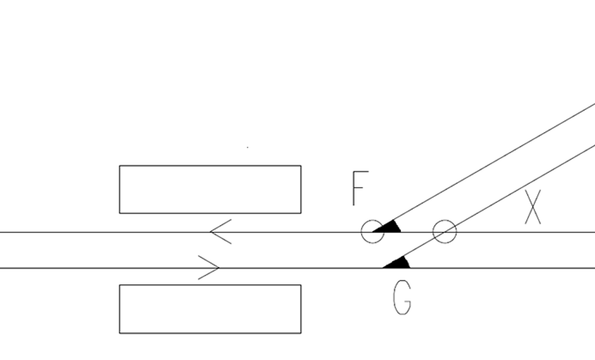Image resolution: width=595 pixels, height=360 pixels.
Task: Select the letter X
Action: click(x=533, y=207)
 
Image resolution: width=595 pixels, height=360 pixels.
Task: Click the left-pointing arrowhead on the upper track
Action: click(x=221, y=231)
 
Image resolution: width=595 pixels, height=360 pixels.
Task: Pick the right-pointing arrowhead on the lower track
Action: click(x=209, y=267)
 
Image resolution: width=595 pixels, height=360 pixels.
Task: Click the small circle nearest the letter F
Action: click(x=361, y=231)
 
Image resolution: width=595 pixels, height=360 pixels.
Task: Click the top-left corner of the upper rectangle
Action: click(x=119, y=165)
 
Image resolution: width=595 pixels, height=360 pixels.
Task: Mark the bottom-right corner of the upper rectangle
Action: click(x=301, y=213)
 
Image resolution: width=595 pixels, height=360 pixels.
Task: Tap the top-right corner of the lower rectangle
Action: click(x=301, y=285)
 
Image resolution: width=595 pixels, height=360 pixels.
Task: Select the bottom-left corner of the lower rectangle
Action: click(x=119, y=333)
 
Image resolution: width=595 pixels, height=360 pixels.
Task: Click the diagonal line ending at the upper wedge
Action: click(x=494, y=162)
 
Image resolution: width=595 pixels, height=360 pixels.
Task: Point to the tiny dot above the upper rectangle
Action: click(x=248, y=147)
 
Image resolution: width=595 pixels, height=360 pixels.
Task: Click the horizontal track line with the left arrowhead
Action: click(x=297, y=232)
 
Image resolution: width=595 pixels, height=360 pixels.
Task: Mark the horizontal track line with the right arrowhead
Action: click(x=297, y=268)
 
